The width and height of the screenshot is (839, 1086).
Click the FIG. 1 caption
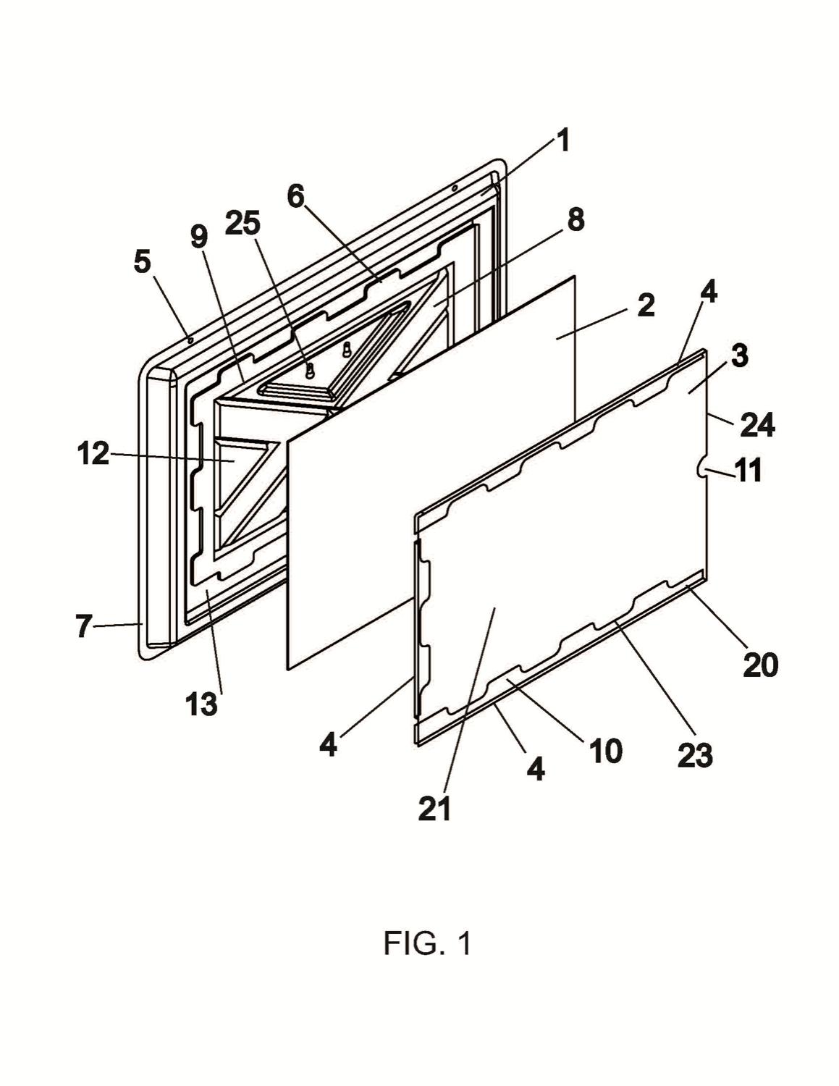(427, 943)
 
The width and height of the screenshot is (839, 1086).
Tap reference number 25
(243, 223)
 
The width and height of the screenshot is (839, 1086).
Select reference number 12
(93, 454)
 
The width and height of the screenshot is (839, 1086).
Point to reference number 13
(202, 704)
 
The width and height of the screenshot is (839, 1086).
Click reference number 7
(83, 626)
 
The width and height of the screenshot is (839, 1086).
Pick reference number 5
(143, 261)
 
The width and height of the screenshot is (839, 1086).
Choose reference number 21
(435, 809)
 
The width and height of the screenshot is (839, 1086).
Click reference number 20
(761, 665)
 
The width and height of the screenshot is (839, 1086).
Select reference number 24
(757, 425)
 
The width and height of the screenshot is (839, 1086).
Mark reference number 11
(749, 470)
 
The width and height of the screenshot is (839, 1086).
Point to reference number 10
(606, 750)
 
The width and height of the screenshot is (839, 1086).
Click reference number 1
(564, 141)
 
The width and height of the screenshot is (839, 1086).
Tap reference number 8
(576, 219)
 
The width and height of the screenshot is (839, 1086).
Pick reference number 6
(296, 197)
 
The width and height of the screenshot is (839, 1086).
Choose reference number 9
(199, 237)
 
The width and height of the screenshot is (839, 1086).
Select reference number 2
(646, 306)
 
